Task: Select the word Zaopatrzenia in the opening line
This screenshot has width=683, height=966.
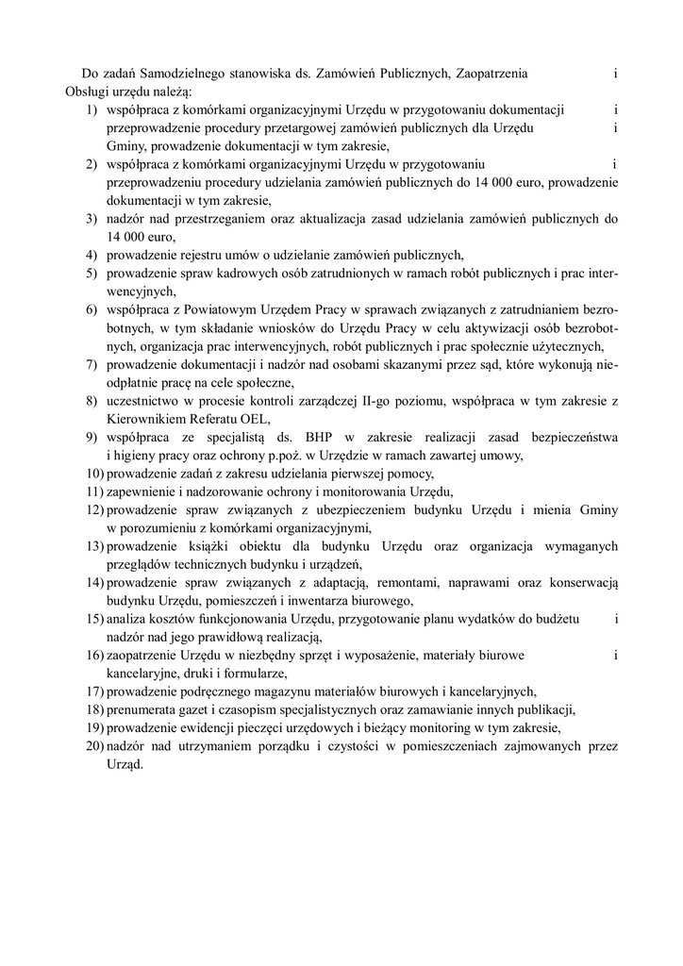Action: click(x=488, y=73)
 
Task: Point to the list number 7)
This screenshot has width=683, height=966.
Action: click(x=92, y=364)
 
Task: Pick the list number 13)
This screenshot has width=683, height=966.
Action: click(x=92, y=545)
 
